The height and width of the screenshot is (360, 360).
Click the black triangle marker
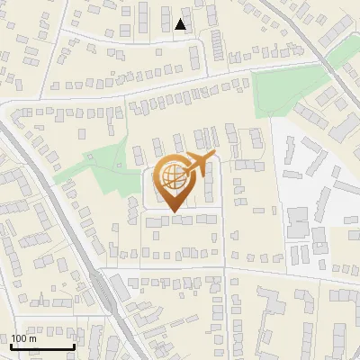pyautogui.click(x=182, y=24)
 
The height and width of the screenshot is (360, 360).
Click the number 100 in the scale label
pyautogui.click(x=19, y=338)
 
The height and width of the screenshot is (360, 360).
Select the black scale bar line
pyautogui.click(x=42, y=346)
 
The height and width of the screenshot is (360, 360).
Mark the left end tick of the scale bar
pyautogui.click(x=11, y=345)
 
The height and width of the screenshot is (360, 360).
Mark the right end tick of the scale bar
pyautogui.click(x=74, y=345)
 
